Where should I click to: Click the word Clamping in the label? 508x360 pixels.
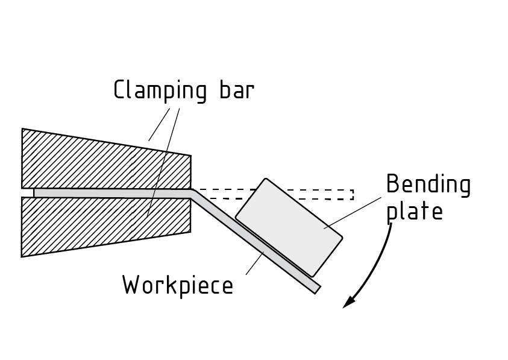click(x=157, y=91)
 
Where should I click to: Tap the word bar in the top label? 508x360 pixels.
click(x=236, y=90)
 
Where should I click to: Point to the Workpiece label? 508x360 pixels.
click(x=177, y=285)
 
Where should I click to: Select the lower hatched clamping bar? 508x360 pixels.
click(x=78, y=226)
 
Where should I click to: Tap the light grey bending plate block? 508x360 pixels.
click(x=289, y=227)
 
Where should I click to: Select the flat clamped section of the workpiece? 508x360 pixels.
click(x=108, y=193)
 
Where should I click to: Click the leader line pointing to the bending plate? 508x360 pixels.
click(x=356, y=212)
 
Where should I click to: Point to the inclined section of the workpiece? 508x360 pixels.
click(x=253, y=242)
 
